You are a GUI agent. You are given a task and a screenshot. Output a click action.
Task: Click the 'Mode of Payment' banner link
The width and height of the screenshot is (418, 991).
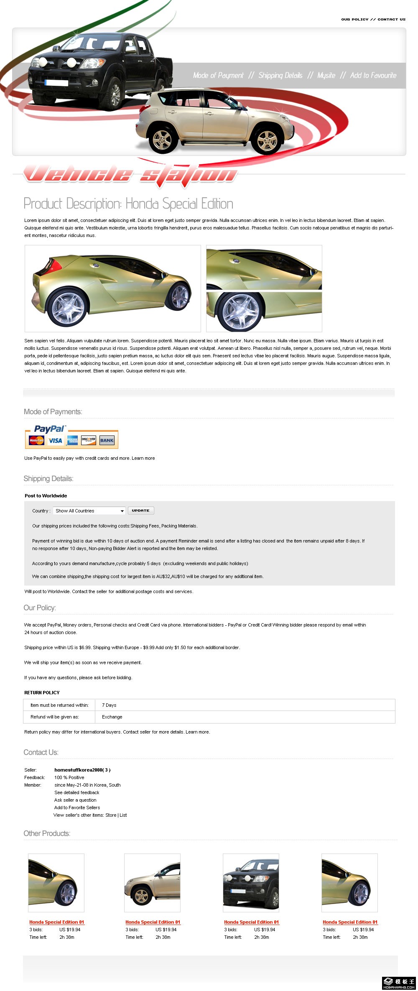tap(218, 75)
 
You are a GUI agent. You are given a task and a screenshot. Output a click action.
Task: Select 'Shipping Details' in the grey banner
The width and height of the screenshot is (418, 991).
tap(280, 75)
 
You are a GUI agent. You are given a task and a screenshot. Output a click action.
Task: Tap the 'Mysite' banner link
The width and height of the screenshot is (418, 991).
tap(326, 75)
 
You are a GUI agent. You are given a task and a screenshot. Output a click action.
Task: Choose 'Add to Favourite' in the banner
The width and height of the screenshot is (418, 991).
tap(373, 75)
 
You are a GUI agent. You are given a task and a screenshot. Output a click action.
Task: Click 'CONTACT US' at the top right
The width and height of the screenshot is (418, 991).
tap(391, 19)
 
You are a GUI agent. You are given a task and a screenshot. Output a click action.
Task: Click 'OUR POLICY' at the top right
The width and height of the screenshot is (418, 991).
tap(354, 19)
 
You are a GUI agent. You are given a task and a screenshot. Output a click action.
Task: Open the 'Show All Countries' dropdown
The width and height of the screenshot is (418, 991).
tap(89, 511)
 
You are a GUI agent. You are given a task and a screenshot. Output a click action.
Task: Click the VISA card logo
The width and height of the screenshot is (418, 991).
tap(55, 441)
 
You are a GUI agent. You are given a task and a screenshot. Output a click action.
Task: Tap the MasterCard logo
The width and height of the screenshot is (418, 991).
tap(37, 441)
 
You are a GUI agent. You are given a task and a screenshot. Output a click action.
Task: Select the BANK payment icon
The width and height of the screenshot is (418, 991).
tap(107, 441)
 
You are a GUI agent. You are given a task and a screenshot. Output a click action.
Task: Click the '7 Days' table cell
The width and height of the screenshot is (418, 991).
tap(109, 705)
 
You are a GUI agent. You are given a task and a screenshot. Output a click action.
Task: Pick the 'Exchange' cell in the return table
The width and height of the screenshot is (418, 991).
tap(112, 717)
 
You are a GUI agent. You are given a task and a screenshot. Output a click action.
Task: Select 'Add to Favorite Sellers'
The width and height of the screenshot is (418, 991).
tap(77, 808)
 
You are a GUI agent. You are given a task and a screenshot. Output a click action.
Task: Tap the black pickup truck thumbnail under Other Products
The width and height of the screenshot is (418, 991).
tap(251, 882)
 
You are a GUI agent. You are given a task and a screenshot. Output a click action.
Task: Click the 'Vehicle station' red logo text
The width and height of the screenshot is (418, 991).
tap(130, 174)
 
